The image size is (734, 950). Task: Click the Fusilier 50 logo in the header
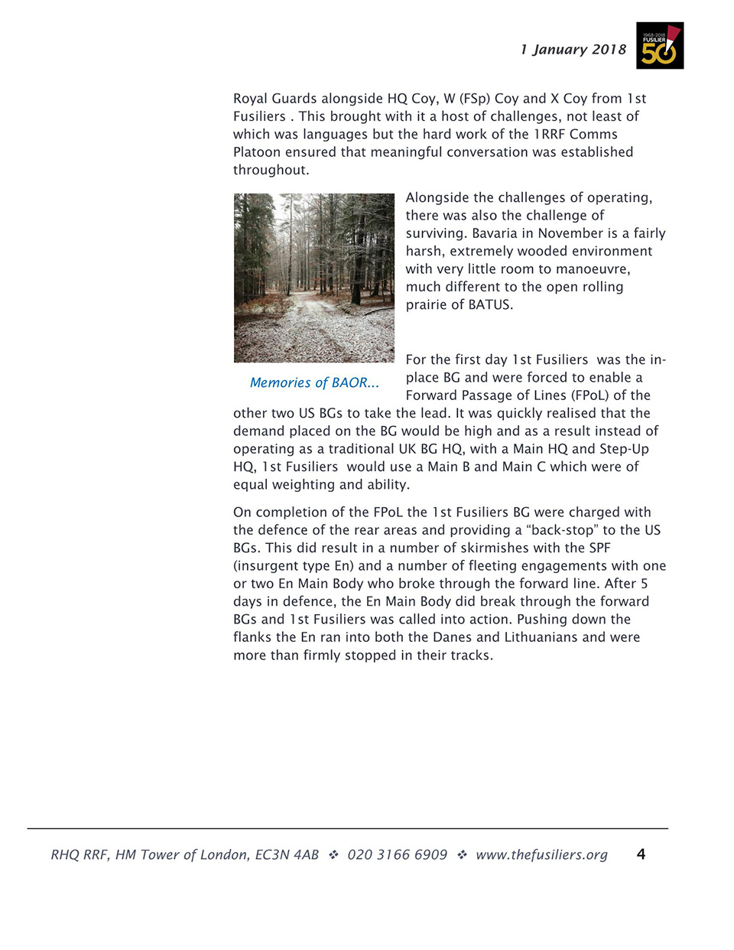[659, 46]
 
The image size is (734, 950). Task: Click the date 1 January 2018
[573, 50]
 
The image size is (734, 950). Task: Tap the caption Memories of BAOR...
[314, 382]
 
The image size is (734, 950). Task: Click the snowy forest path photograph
[314, 278]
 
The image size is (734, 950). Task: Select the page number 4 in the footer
[641, 854]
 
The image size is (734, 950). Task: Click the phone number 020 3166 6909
[397, 854]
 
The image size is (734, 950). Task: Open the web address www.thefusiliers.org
[541, 854]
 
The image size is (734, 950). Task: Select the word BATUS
[490, 304]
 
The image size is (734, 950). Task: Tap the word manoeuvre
[593, 269]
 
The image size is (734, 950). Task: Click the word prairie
[428, 304]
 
